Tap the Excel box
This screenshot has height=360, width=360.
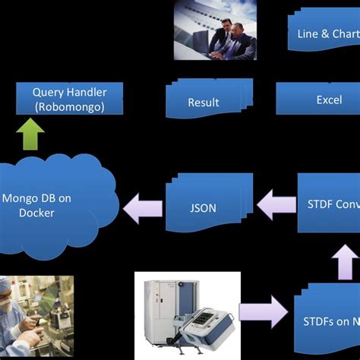coord(317,99)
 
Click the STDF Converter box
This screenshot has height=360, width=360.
coord(328,203)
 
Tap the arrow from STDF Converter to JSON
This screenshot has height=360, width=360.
coord(276,204)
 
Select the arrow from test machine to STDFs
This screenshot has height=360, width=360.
coord(263,312)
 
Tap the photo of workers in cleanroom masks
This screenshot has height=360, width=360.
coord(36,316)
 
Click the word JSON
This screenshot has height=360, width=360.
coord(203,206)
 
